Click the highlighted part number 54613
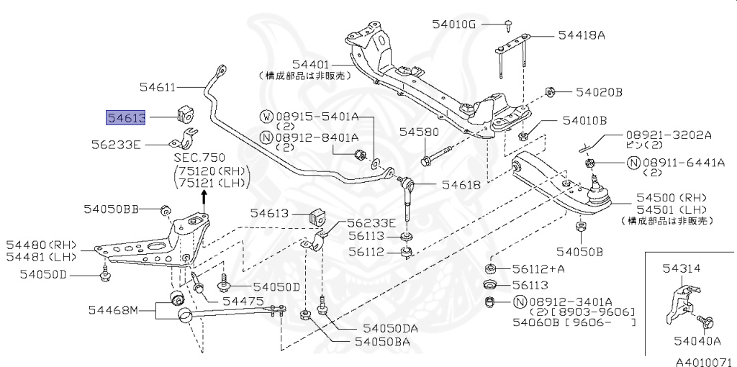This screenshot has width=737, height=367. click(126, 117)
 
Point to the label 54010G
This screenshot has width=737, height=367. click(453, 24)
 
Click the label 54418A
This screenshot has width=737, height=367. click(581, 34)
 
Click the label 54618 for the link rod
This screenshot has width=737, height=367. click(461, 184)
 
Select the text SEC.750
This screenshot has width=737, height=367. click(199, 157)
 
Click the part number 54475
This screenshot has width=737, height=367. click(243, 300)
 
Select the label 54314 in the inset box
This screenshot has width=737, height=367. click(681, 268)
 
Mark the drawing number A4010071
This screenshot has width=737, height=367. click(702, 359)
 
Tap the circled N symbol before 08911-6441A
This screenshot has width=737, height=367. click(633, 163)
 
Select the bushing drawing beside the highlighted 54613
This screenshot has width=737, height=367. click(186, 113)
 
